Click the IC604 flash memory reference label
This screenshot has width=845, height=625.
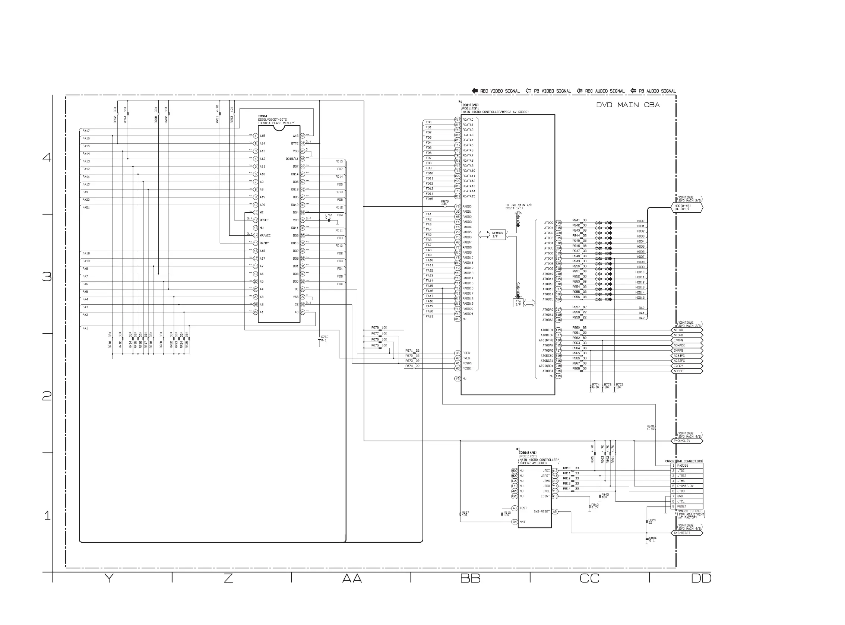tap(262, 116)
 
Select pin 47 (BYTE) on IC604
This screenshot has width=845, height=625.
tap(303, 144)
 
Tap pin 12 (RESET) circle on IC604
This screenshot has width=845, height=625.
tap(256, 220)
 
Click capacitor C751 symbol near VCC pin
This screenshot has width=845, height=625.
tap(329, 220)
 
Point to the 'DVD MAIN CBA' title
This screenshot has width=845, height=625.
tap(628, 105)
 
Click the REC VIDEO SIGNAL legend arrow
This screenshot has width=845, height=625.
tap(475, 91)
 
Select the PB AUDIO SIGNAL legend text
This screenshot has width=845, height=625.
tap(657, 91)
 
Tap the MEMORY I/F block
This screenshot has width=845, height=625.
tap(497, 235)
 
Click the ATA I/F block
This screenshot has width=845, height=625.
tap(518, 303)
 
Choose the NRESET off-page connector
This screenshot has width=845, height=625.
tap(687, 371)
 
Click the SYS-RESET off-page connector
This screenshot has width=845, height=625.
tap(687, 533)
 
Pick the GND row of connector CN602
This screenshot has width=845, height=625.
tap(687, 496)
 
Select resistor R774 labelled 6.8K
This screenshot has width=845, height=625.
tap(591, 386)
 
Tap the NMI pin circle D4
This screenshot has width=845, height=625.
tap(514, 522)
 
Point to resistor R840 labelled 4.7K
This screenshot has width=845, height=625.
tap(655, 428)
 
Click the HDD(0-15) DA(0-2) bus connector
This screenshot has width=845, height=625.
tap(687, 207)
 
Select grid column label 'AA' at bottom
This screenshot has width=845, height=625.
tap(352, 578)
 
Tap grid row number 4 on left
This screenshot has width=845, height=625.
tap(47, 157)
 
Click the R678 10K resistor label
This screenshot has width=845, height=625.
tap(379, 328)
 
